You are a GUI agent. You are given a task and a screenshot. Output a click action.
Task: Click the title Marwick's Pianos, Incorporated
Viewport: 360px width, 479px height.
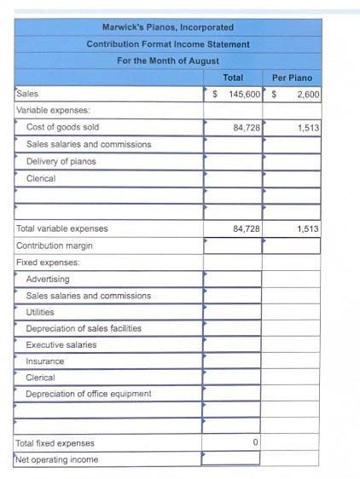pos(168,27)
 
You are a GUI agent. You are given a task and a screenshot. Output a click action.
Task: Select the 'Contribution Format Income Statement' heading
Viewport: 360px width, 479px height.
pos(168,43)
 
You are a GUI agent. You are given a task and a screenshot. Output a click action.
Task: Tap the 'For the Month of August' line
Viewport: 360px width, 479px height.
pos(168,61)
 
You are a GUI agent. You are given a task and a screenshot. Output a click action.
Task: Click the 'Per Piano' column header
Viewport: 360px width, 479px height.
pos(292,78)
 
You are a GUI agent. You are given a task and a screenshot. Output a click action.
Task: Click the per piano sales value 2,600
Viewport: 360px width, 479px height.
pos(308,94)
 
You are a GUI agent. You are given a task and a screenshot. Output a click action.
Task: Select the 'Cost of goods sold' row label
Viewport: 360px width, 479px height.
pos(62,127)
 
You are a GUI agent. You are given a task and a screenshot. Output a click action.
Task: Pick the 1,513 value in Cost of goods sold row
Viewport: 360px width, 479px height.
pos(308,127)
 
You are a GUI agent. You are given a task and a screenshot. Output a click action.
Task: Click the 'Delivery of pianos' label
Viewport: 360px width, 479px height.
pos(61,161)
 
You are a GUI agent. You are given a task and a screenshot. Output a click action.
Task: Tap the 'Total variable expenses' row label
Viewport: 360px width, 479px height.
pos(62,228)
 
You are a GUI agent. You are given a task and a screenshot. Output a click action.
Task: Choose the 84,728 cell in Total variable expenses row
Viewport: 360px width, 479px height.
pos(246,228)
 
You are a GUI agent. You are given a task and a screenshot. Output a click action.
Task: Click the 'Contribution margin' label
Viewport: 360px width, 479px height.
pos(55,245)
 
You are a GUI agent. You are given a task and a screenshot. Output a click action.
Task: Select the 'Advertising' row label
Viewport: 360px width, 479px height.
pos(48,279)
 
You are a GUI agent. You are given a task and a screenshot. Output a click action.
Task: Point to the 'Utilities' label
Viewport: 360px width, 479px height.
pos(41,312)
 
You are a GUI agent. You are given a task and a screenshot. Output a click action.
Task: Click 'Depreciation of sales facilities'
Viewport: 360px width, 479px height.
pos(84,328)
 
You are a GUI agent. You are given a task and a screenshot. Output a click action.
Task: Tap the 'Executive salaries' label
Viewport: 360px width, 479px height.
pos(61,344)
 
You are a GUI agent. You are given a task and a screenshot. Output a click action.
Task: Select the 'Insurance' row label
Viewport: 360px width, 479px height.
pos(45,361)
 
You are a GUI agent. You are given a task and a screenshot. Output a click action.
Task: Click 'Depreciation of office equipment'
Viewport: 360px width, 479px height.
pos(89,394)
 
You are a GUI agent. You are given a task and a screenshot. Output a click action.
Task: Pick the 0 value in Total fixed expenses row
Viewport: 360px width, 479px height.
pos(255,443)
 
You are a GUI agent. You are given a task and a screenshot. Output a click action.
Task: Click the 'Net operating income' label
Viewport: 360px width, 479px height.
pos(57,459)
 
